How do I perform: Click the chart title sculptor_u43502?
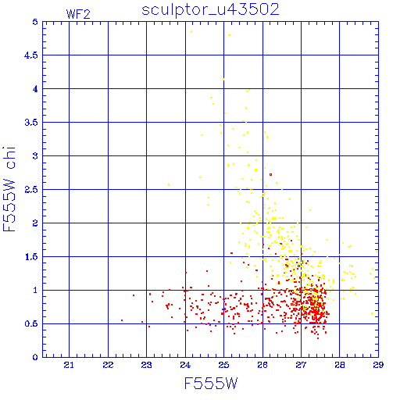(210, 9)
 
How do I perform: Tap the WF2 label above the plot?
(78, 14)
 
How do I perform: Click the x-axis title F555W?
(211, 384)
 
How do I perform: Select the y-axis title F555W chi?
(9, 189)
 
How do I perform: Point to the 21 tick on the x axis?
(69, 365)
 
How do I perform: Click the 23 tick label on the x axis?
(146, 365)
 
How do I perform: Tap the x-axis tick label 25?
(223, 365)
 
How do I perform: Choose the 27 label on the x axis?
(301, 365)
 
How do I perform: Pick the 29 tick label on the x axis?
(378, 365)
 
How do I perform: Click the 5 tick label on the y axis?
(35, 22)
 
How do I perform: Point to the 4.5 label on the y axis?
(31, 55)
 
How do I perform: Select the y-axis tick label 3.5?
(31, 123)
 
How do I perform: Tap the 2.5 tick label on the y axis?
(31, 190)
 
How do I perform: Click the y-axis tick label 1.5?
(31, 257)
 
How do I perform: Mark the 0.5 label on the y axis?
(31, 323)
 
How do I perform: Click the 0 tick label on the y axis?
(35, 357)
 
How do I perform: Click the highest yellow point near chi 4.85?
(191, 32)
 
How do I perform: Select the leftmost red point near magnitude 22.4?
(122, 320)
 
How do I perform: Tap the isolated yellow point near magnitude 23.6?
(169, 185)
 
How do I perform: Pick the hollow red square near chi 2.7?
(271, 174)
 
